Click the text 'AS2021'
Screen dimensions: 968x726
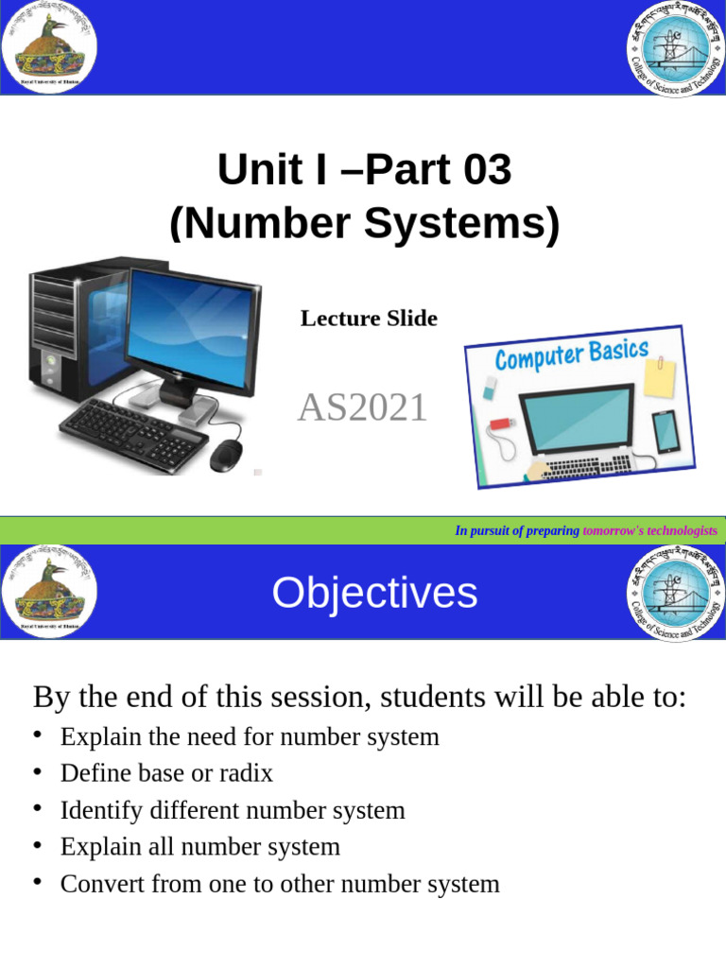(x=362, y=408)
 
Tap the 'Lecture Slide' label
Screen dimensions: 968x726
(x=369, y=319)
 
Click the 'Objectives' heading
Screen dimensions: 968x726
(x=374, y=593)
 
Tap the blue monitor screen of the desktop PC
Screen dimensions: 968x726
(x=190, y=325)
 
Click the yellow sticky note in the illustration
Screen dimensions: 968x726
(x=659, y=377)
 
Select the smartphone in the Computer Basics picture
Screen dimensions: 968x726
(x=665, y=430)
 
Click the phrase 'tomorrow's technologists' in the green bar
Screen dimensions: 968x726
(x=649, y=531)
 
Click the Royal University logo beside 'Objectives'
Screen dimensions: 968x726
(x=49, y=591)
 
